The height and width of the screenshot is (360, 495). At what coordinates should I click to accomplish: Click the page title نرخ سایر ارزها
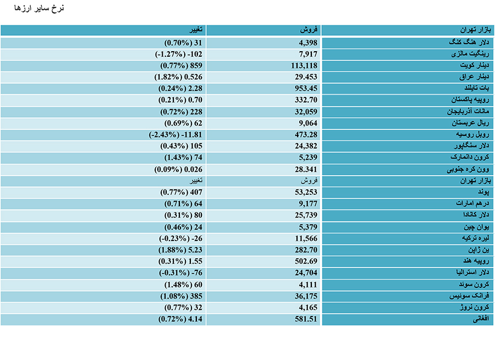pos(39,8)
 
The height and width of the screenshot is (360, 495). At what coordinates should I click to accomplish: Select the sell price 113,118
pos(304,66)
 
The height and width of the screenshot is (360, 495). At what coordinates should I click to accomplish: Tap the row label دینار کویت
pos(475,66)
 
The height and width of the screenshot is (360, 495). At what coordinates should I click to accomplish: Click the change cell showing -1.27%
pos(178,54)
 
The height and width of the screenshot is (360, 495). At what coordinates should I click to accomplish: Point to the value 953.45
pos(306,89)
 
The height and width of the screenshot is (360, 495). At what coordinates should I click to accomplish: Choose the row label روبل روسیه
pos(472,134)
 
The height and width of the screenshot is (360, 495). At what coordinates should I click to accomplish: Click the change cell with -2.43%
pos(175,135)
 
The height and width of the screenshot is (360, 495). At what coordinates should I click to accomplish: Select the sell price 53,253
pos(306,192)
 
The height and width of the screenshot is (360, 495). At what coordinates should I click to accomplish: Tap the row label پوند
pos(483,192)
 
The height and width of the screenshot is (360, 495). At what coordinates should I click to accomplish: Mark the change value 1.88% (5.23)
pos(180,250)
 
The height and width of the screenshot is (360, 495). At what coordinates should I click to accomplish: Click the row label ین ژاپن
pos(479,250)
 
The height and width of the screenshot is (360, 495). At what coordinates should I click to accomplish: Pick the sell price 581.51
pos(306,319)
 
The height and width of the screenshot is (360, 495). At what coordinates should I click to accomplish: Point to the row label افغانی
pos(481,319)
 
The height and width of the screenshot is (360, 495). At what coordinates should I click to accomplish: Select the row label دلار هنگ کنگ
pos(469,42)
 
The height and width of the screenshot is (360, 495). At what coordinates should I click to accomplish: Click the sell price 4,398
pos(308,43)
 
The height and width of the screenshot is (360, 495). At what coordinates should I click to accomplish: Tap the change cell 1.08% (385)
pos(181,296)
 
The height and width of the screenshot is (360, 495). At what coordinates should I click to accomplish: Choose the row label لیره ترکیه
pos(475,238)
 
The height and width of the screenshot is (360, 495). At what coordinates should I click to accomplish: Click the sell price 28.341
pos(306,170)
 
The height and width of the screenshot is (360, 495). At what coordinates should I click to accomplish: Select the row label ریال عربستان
pos(470,123)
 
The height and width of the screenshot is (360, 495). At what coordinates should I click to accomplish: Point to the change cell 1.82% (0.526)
pos(178,77)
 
